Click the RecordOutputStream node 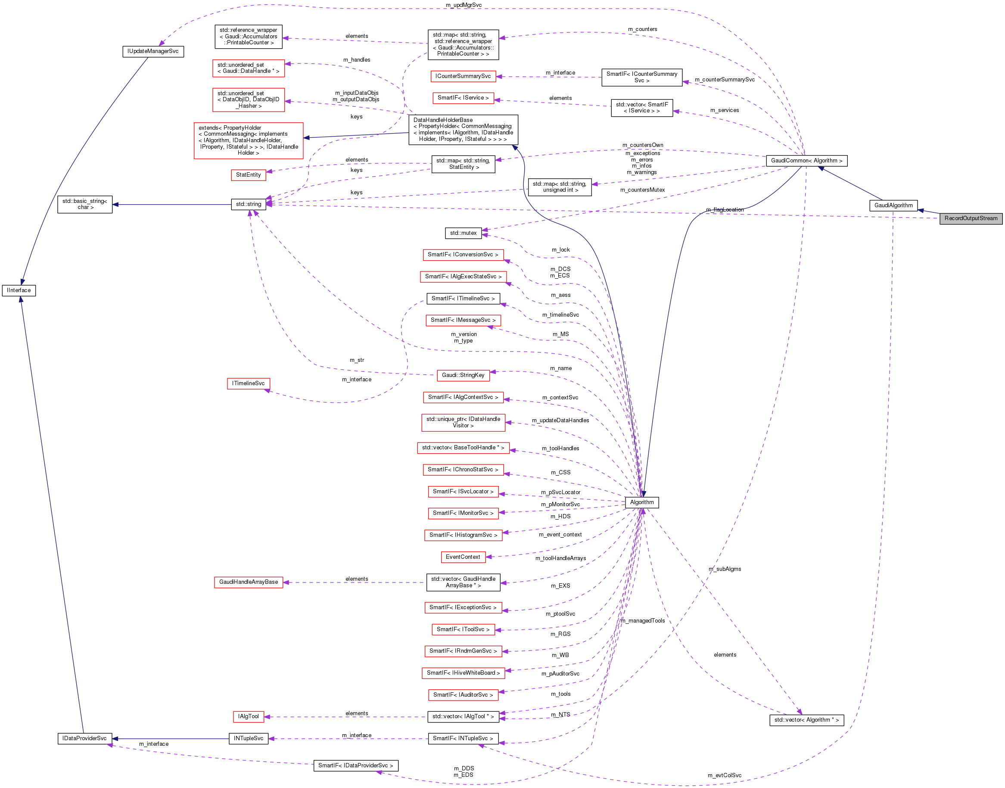[971, 218]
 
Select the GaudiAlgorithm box [893, 206]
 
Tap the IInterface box [19, 290]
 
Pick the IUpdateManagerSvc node [152, 51]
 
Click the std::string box [248, 204]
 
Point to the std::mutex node [463, 233]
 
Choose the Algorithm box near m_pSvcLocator [641, 502]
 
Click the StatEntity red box [248, 175]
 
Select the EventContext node [463, 557]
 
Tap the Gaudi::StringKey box [463, 375]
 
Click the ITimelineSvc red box [248, 383]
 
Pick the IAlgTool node [248, 716]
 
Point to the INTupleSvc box [248, 738]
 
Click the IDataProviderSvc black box [84, 738]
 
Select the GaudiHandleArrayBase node [248, 582]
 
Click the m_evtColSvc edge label [724, 775]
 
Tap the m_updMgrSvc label [464, 5]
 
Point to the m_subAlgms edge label [725, 569]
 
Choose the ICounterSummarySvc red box [463, 76]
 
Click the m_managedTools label [642, 620]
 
